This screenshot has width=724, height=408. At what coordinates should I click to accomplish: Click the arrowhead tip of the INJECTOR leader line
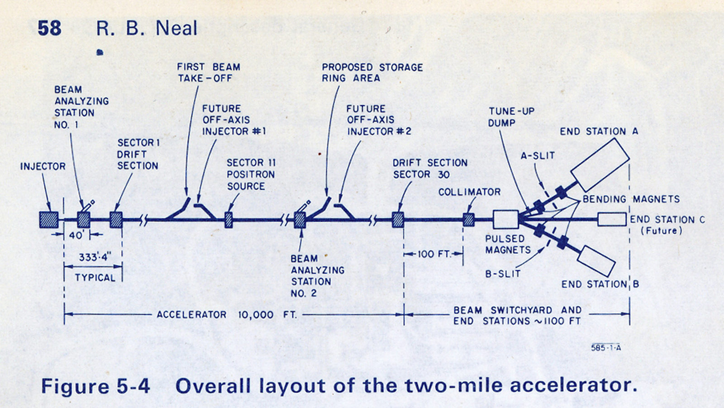click(50, 211)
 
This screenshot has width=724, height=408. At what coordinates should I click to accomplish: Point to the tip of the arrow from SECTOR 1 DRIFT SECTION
click(115, 211)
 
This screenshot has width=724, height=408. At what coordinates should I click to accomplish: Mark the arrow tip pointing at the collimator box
click(468, 213)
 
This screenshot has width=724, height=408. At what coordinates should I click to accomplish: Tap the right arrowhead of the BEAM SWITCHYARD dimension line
click(629, 314)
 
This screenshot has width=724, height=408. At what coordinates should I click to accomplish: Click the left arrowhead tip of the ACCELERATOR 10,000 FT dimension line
click(65, 314)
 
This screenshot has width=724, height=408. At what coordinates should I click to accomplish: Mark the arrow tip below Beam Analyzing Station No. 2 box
click(301, 229)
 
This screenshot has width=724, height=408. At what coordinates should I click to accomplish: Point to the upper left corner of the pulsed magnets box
click(494, 211)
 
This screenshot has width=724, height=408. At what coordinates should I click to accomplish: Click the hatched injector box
click(49, 220)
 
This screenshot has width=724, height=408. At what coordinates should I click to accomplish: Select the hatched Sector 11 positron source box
click(229, 220)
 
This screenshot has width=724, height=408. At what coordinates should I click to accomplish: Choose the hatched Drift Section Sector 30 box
click(398, 220)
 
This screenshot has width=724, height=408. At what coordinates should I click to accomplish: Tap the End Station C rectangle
click(612, 219)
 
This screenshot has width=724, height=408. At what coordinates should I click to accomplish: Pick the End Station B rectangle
click(596, 261)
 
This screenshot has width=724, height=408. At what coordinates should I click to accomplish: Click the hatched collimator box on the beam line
click(469, 220)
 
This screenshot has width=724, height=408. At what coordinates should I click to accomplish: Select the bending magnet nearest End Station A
click(562, 192)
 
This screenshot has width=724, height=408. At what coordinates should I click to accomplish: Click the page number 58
click(49, 28)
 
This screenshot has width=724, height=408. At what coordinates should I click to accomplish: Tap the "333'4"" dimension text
click(95, 257)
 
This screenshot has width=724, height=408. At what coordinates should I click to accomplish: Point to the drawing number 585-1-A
click(606, 348)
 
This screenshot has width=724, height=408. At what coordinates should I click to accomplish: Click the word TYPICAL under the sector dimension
click(95, 278)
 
